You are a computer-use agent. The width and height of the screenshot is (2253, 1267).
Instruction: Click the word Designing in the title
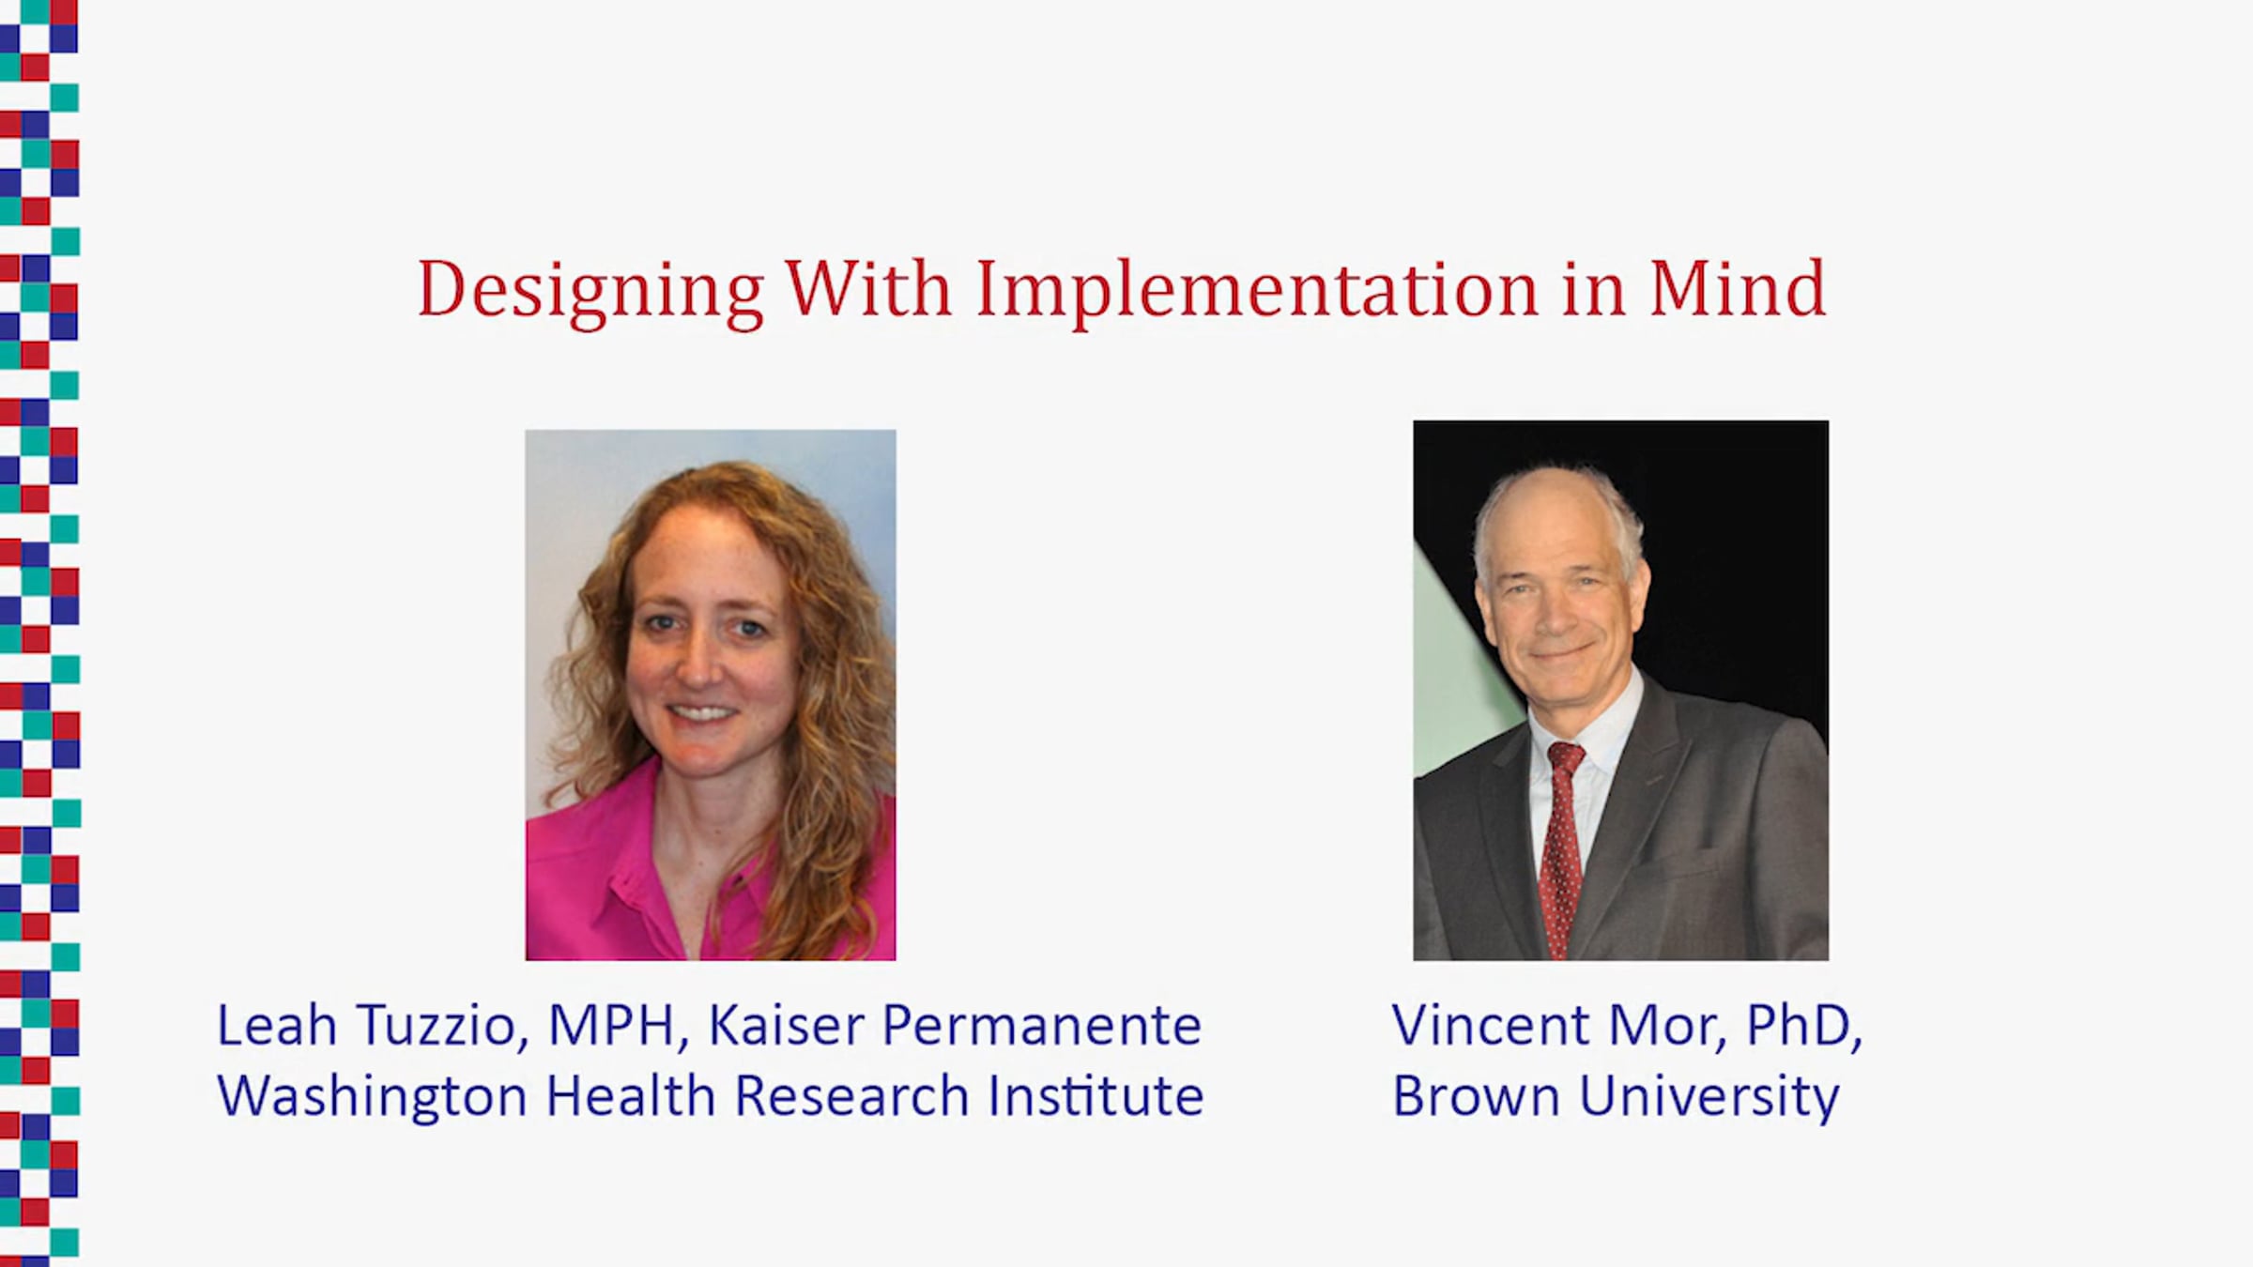pos(590,292)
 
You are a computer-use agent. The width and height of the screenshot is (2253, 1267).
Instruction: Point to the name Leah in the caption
pos(277,1025)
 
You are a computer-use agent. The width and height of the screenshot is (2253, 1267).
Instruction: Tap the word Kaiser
pos(785,1025)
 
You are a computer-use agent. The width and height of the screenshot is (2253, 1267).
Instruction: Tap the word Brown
pos(1476,1096)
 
